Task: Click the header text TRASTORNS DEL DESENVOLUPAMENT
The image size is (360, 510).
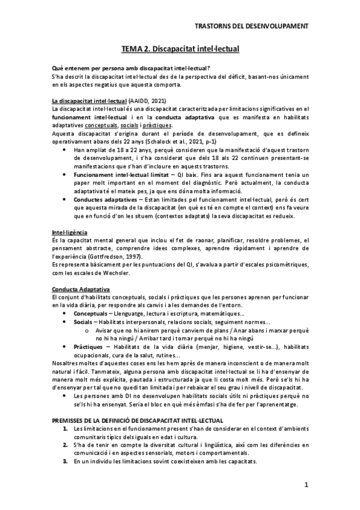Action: tap(252, 26)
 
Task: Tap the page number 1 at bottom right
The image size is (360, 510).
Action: tap(307, 485)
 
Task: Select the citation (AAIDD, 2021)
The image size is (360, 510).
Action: tap(147, 100)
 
